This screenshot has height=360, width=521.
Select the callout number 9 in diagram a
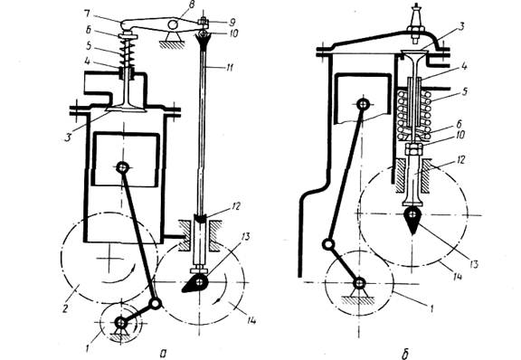(232, 22)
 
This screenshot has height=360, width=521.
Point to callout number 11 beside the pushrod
(229, 68)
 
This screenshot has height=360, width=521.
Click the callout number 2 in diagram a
(65, 308)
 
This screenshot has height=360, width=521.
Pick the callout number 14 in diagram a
(251, 320)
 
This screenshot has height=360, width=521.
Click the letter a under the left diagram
(163, 353)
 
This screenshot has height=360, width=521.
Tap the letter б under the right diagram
(405, 354)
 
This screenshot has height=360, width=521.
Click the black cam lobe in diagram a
(195, 284)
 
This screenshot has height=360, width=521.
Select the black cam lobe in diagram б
(412, 220)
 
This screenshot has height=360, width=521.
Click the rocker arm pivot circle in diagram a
(173, 24)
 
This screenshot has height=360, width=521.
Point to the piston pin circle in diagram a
(123, 167)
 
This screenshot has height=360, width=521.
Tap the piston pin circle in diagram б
(362, 104)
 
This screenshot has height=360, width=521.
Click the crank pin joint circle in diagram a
(156, 304)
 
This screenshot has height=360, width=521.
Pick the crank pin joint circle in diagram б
(328, 245)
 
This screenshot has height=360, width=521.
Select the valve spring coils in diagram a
(127, 52)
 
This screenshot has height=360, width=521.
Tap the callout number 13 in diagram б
(473, 264)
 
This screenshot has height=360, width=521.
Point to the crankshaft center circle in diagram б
(360, 283)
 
